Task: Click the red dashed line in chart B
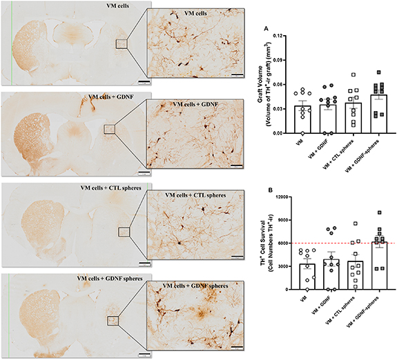pyautogui.click(x=345, y=243)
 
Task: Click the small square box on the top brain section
pyautogui.click(x=122, y=44)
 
